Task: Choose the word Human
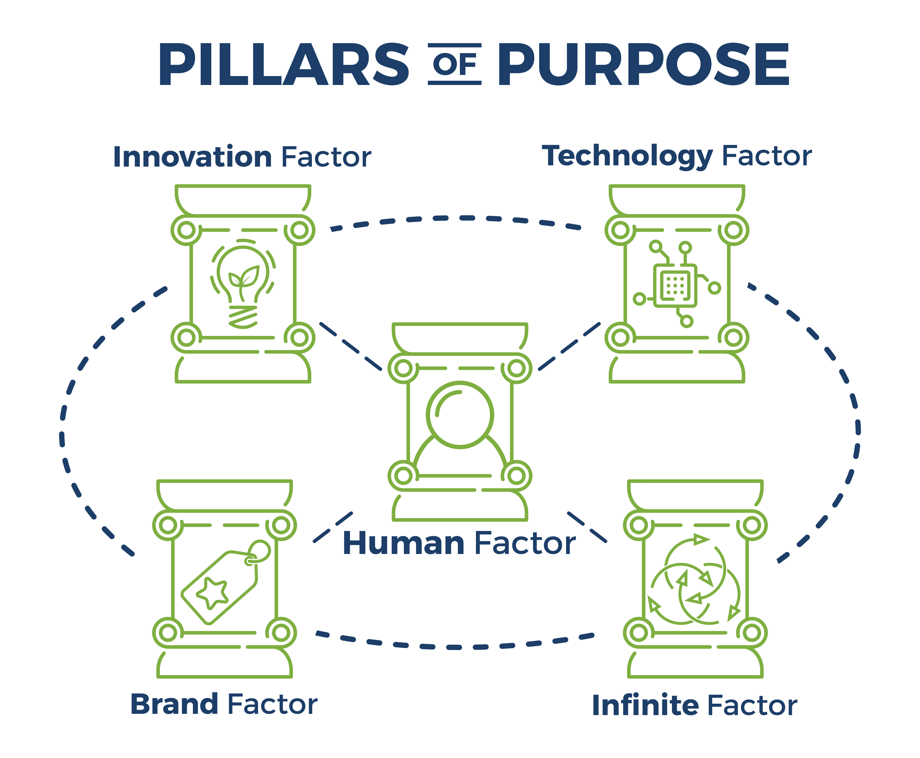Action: coord(403,543)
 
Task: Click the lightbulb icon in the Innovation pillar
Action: coord(243,284)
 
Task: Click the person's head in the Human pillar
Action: coord(460,414)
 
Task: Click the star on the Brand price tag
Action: coord(213,593)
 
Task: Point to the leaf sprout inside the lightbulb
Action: coord(243,279)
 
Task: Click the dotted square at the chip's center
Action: coord(675,286)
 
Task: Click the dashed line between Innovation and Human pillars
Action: coord(351,346)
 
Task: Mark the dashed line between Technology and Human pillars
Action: coord(569,347)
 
